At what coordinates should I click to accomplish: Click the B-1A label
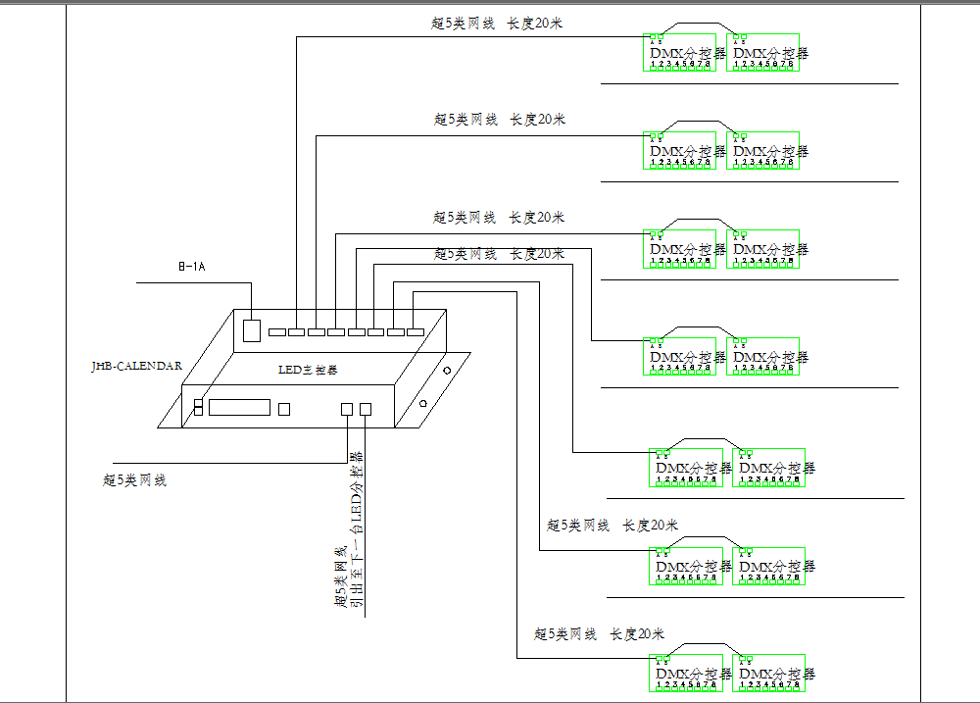pos(191,267)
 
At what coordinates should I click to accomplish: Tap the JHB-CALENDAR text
pos(136,366)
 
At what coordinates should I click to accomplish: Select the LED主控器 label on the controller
pos(308,371)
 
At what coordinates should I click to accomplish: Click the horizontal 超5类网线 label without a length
pos(134,480)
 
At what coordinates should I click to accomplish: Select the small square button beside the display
pos(285,409)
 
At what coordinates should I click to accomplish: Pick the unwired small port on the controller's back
pos(277,333)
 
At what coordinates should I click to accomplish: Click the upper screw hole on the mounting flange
pos(447,372)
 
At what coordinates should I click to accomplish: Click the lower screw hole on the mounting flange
pos(422,403)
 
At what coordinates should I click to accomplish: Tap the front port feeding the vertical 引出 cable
pos(366,409)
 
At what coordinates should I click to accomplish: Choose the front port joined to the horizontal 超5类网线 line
pos(346,409)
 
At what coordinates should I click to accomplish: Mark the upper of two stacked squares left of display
pos(198,402)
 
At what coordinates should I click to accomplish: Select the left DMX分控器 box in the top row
pos(680,53)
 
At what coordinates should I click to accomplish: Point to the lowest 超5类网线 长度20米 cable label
pos(599,634)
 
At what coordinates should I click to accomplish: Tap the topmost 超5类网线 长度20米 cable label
pos(497,24)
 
